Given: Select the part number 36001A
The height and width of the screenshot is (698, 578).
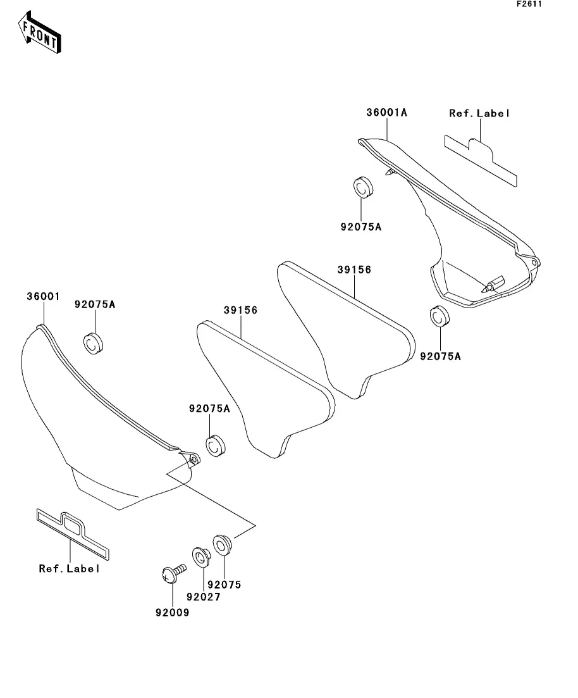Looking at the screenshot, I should (386, 113).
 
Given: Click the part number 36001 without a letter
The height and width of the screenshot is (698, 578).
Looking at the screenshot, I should (43, 296).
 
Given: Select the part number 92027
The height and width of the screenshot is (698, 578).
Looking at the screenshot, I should (203, 597).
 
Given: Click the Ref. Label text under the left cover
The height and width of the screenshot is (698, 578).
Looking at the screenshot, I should (70, 568).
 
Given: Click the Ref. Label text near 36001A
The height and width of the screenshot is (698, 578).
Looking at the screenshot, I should (479, 113).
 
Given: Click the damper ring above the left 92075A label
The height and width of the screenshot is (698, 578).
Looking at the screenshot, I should (94, 342).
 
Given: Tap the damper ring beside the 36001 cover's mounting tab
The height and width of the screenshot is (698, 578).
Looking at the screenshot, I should (217, 444).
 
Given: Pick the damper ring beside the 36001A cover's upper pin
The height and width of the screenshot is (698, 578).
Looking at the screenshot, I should (362, 188).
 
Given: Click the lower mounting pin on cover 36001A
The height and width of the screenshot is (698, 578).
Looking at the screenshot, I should (493, 283).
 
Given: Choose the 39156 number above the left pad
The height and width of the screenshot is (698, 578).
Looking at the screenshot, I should (240, 310).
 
